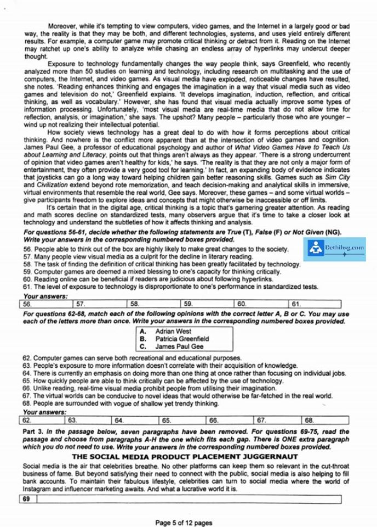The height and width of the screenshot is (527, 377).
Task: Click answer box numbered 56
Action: point(45,304)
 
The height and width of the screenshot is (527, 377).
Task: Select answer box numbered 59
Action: point(207,304)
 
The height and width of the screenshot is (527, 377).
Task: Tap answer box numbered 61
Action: point(315,304)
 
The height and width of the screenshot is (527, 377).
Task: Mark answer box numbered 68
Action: point(322,420)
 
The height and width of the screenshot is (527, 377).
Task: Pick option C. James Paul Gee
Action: point(179,347)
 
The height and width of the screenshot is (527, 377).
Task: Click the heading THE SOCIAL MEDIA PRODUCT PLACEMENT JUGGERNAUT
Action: point(180,456)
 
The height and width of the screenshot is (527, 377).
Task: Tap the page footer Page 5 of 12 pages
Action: point(184,523)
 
